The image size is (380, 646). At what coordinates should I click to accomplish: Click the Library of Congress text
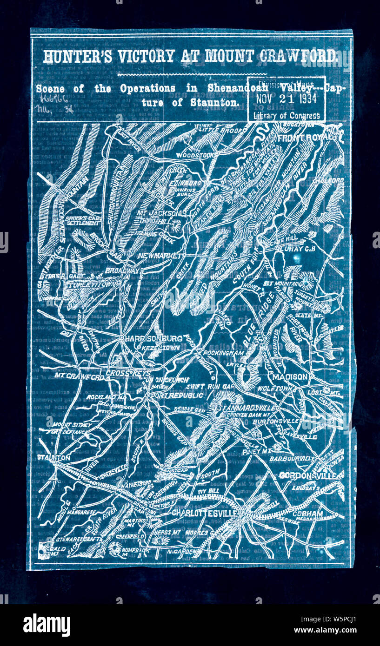(287, 116)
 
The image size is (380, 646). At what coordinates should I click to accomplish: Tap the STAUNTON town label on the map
(54, 457)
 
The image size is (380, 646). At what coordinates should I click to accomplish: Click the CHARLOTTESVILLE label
(205, 513)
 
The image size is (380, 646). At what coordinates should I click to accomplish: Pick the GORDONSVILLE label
(311, 475)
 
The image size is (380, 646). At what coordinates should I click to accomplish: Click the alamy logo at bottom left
(47, 625)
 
